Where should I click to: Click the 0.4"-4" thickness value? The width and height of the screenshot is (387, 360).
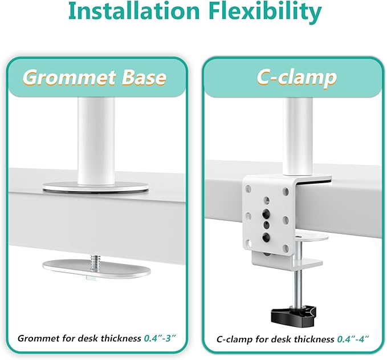pyautogui.click(x=353, y=339)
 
